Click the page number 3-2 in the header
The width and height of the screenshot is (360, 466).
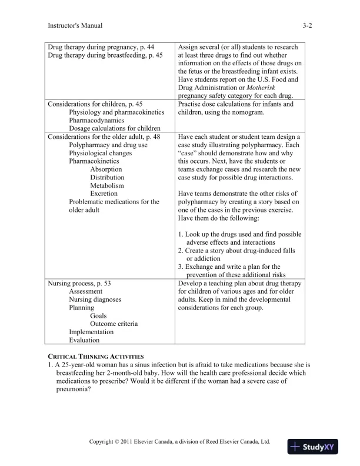click(x=307, y=25)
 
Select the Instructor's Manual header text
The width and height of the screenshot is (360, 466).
click(x=75, y=25)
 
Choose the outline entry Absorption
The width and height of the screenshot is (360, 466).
click(x=106, y=169)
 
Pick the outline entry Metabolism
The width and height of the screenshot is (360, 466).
click(x=107, y=185)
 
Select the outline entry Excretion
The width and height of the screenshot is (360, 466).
click(x=104, y=194)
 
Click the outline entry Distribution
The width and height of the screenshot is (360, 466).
click(x=107, y=177)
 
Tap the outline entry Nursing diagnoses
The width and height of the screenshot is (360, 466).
click(x=95, y=299)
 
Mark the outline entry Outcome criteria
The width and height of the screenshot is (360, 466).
click(x=114, y=324)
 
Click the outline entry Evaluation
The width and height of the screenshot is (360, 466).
click(x=84, y=340)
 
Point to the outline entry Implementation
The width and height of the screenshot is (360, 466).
click(x=91, y=332)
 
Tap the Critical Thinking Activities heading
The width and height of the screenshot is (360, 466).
click(x=95, y=357)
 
